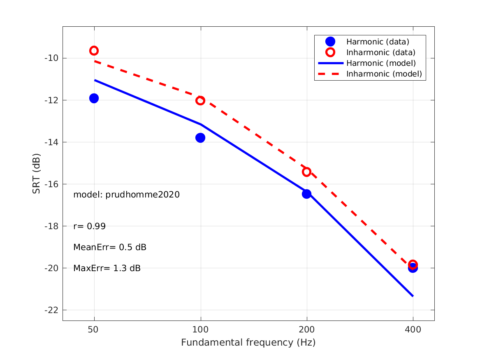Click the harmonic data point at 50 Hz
pos(94,98)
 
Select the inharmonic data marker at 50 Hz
pos(94,51)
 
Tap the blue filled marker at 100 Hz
pos(200,137)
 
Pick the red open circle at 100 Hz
pos(200,100)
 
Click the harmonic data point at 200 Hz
pos(306,194)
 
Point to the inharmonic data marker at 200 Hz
pos(306,172)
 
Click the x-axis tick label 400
pos(413,330)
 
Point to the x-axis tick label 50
pos(94,330)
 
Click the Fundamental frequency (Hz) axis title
pos(248,343)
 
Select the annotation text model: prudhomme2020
pos(127,195)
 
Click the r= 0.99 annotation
pos(90,226)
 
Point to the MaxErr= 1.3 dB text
pos(107,268)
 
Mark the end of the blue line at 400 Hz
pos(413,296)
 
